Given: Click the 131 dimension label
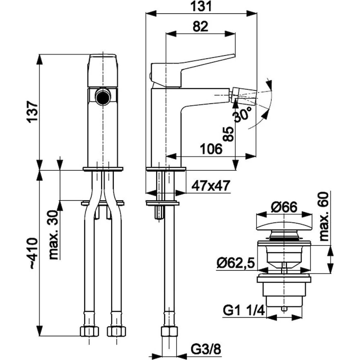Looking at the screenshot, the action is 201,6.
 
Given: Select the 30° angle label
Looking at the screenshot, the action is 242,114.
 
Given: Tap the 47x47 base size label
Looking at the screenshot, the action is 211,186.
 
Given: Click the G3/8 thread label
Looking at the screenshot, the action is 206,350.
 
